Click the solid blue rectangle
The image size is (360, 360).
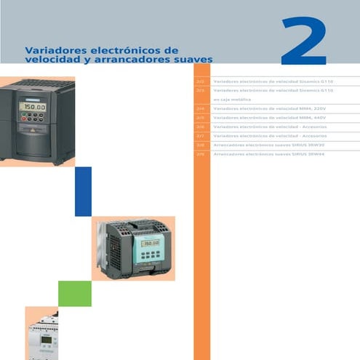[x=83, y=191]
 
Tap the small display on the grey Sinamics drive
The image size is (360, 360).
[x=151, y=244]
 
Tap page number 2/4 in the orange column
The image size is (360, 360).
[x=201, y=108]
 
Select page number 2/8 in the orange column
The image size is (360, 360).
[x=201, y=145]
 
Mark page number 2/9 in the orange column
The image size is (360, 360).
[x=201, y=155]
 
